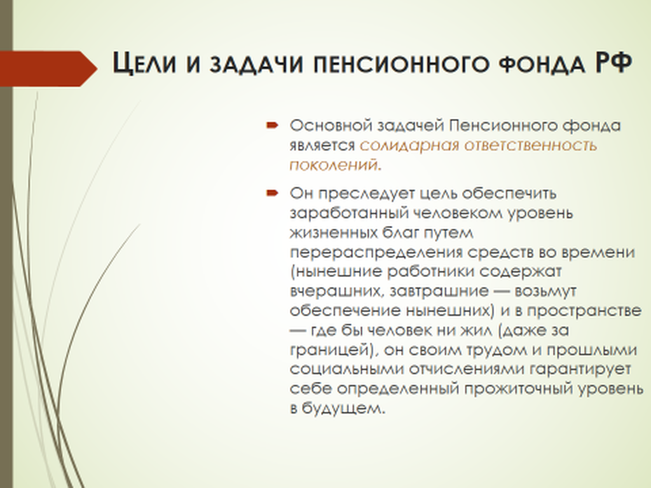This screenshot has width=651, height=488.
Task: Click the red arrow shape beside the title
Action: pyautogui.click(x=48, y=69)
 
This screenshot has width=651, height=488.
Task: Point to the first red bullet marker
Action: pyautogui.click(x=272, y=125)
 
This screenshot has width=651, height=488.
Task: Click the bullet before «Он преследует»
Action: pyautogui.click(x=272, y=193)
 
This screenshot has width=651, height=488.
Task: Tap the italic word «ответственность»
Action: pyautogui.click(x=531, y=146)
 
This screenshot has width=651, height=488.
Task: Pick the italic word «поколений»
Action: pyautogui.click(x=333, y=165)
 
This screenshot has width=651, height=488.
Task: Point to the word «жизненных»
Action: pyautogui.click(x=333, y=233)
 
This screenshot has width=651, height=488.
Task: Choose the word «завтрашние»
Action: pyautogui.click(x=439, y=291)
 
